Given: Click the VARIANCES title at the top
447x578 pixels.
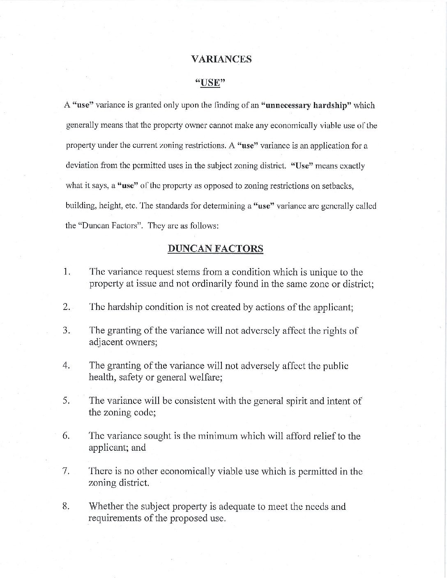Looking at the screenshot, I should click(x=221, y=59).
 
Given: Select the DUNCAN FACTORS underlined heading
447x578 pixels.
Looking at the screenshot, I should click(x=216, y=248).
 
